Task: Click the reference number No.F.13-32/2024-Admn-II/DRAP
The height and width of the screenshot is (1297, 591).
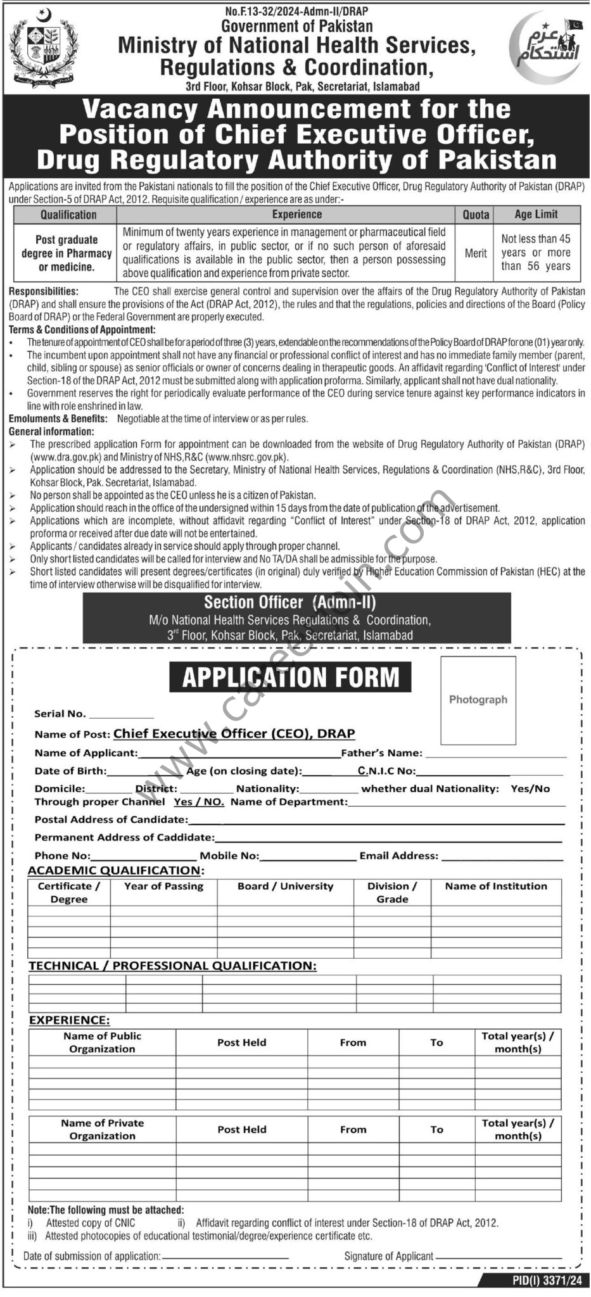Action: (x=296, y=11)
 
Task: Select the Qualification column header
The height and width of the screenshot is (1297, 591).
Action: (x=68, y=215)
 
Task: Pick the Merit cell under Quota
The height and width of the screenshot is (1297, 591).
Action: (x=476, y=253)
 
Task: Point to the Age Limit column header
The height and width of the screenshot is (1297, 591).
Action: (x=536, y=215)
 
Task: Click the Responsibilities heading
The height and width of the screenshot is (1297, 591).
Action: (x=44, y=291)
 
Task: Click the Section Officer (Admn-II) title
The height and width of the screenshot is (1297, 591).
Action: (x=289, y=603)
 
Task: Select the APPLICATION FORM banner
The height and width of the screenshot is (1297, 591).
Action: (x=290, y=677)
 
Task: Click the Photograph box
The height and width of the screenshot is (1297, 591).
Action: (x=478, y=700)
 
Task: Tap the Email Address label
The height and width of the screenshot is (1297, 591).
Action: (x=398, y=856)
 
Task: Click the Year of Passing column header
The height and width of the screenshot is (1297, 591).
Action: (x=163, y=887)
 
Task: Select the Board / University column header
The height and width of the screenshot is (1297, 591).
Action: (x=285, y=887)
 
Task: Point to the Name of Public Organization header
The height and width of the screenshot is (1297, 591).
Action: (x=102, y=1042)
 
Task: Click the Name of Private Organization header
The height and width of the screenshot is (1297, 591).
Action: (x=102, y=1129)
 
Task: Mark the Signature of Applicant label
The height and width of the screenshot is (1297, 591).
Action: (x=388, y=1256)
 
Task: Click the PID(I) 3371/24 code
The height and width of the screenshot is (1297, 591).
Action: (x=547, y=1281)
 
